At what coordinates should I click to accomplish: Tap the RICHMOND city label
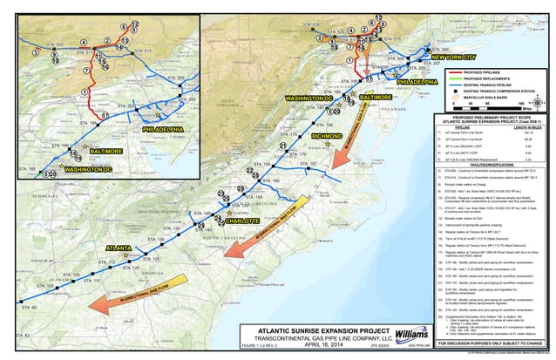coord(327,137)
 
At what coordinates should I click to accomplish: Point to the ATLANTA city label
coord(119,248)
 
